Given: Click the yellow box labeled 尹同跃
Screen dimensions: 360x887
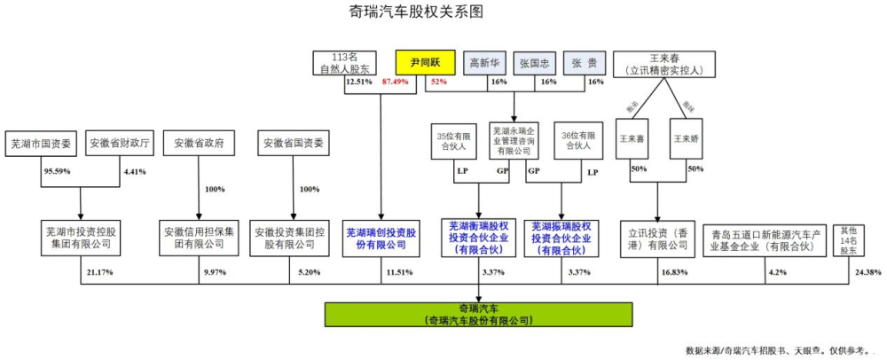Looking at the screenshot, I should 425,62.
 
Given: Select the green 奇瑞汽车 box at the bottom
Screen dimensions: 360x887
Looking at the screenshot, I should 479,314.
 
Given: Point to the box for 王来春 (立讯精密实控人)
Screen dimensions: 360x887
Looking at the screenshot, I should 665,62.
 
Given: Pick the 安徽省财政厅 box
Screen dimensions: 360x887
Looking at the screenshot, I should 122,142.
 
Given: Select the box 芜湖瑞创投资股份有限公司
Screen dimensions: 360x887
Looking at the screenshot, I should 380,238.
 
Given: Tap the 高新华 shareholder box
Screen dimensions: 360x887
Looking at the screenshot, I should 486,62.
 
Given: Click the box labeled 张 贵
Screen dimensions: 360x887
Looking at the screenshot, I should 583,62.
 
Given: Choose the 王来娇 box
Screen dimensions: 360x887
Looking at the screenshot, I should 686,140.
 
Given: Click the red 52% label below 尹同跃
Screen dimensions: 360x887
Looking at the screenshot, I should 438,82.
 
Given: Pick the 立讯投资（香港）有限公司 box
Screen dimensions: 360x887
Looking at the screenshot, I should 657,238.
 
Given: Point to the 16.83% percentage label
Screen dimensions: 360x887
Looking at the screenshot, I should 672,272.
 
